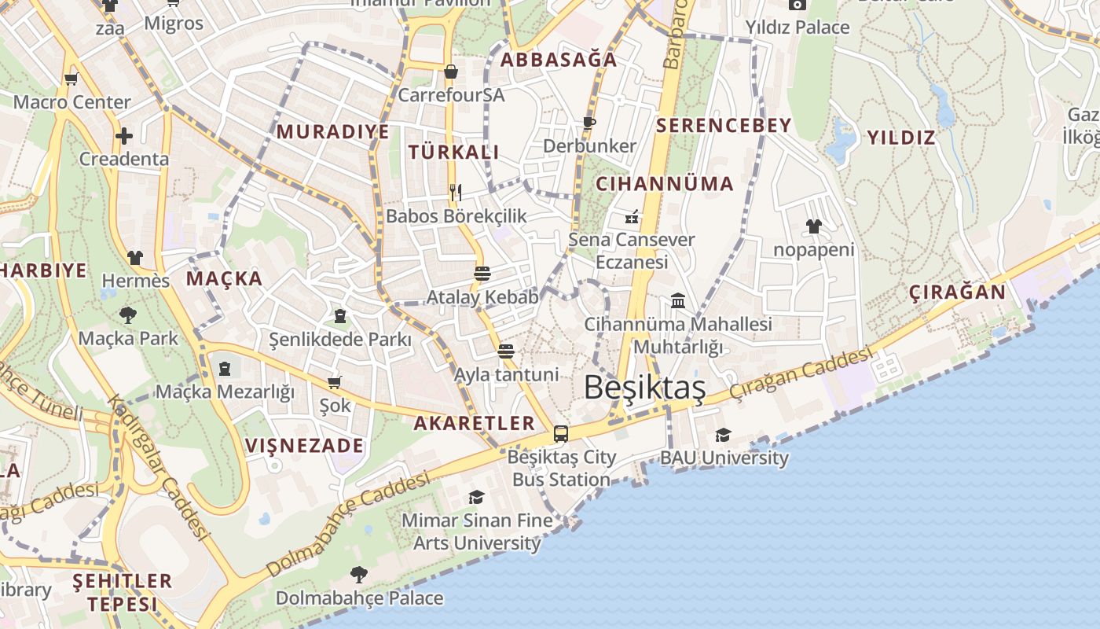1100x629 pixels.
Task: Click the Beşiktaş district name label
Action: pos(644,388)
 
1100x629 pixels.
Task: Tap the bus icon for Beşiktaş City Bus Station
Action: pos(561,433)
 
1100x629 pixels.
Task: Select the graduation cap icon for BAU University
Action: pos(723,435)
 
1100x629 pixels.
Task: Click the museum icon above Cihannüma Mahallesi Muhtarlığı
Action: pos(678,300)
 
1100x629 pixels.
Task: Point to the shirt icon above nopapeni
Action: pos(813,226)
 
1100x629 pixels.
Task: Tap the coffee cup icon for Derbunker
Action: pos(588,123)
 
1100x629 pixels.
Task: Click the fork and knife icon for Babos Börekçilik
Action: pos(455,191)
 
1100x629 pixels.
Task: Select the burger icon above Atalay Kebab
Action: pos(482,274)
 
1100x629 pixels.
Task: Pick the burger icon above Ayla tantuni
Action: pos(506,351)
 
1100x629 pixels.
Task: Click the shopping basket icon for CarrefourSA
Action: pos(451,72)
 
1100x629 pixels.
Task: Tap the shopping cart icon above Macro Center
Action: pos(71,78)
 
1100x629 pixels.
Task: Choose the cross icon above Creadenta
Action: pos(124,135)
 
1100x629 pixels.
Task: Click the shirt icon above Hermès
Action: pos(135,257)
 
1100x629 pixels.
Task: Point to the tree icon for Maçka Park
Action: pos(127,315)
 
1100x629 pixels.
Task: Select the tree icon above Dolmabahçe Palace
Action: pos(359,574)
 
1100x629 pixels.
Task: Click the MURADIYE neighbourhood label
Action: pos(333,132)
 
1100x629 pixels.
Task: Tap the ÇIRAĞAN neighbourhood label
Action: pos(957,292)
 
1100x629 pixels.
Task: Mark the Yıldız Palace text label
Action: pos(797,28)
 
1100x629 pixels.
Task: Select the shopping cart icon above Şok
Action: pos(335,382)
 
